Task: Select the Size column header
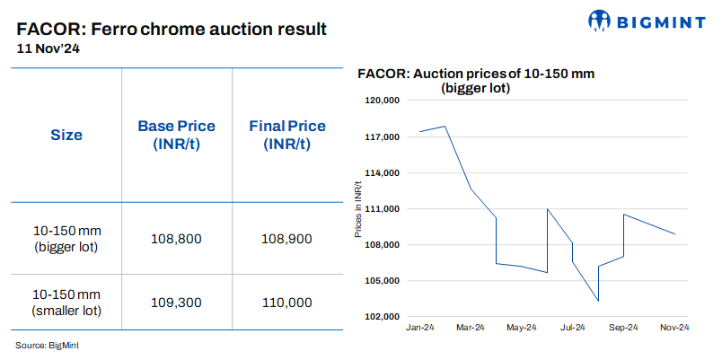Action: click(x=66, y=136)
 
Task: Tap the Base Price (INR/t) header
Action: click(x=176, y=135)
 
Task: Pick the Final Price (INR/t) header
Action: click(x=287, y=135)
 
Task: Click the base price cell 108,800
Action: click(x=177, y=239)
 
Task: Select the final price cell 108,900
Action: click(x=287, y=239)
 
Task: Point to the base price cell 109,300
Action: click(x=177, y=303)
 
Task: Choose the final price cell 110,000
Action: click(x=287, y=303)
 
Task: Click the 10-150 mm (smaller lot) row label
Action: click(x=66, y=303)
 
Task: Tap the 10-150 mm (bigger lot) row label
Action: click(x=66, y=239)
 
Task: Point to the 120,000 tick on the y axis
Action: click(x=382, y=101)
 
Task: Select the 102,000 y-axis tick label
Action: click(x=382, y=317)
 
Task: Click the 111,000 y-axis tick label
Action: click(x=382, y=209)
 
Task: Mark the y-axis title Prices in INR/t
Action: click(x=357, y=209)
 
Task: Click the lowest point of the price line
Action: click(x=598, y=301)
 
